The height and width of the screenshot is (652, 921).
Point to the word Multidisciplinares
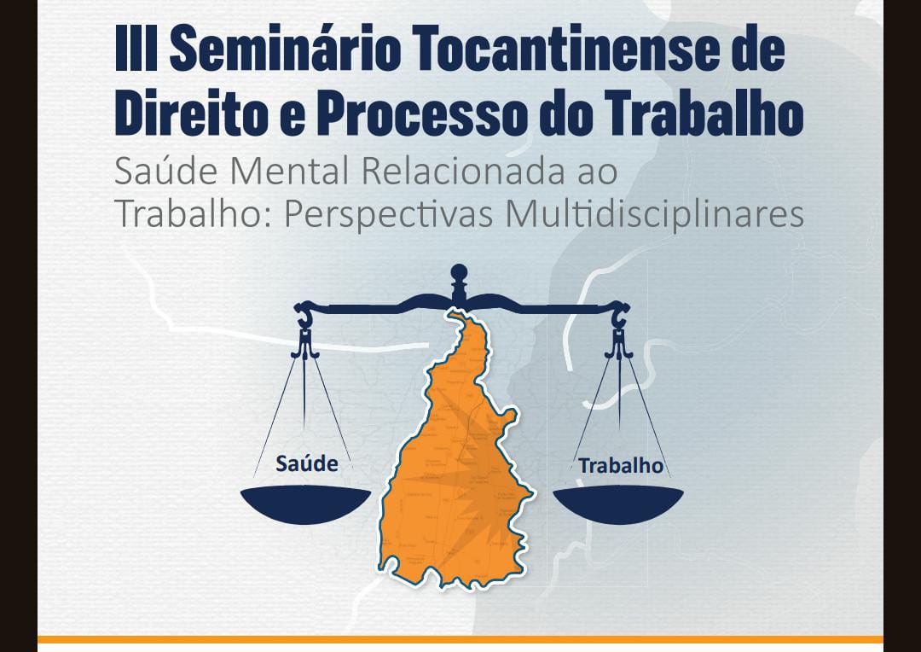pos(655,214)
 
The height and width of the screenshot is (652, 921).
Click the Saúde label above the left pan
pos(307,464)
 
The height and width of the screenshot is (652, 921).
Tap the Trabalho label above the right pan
pos(621,466)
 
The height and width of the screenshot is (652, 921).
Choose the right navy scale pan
pos(619,504)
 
